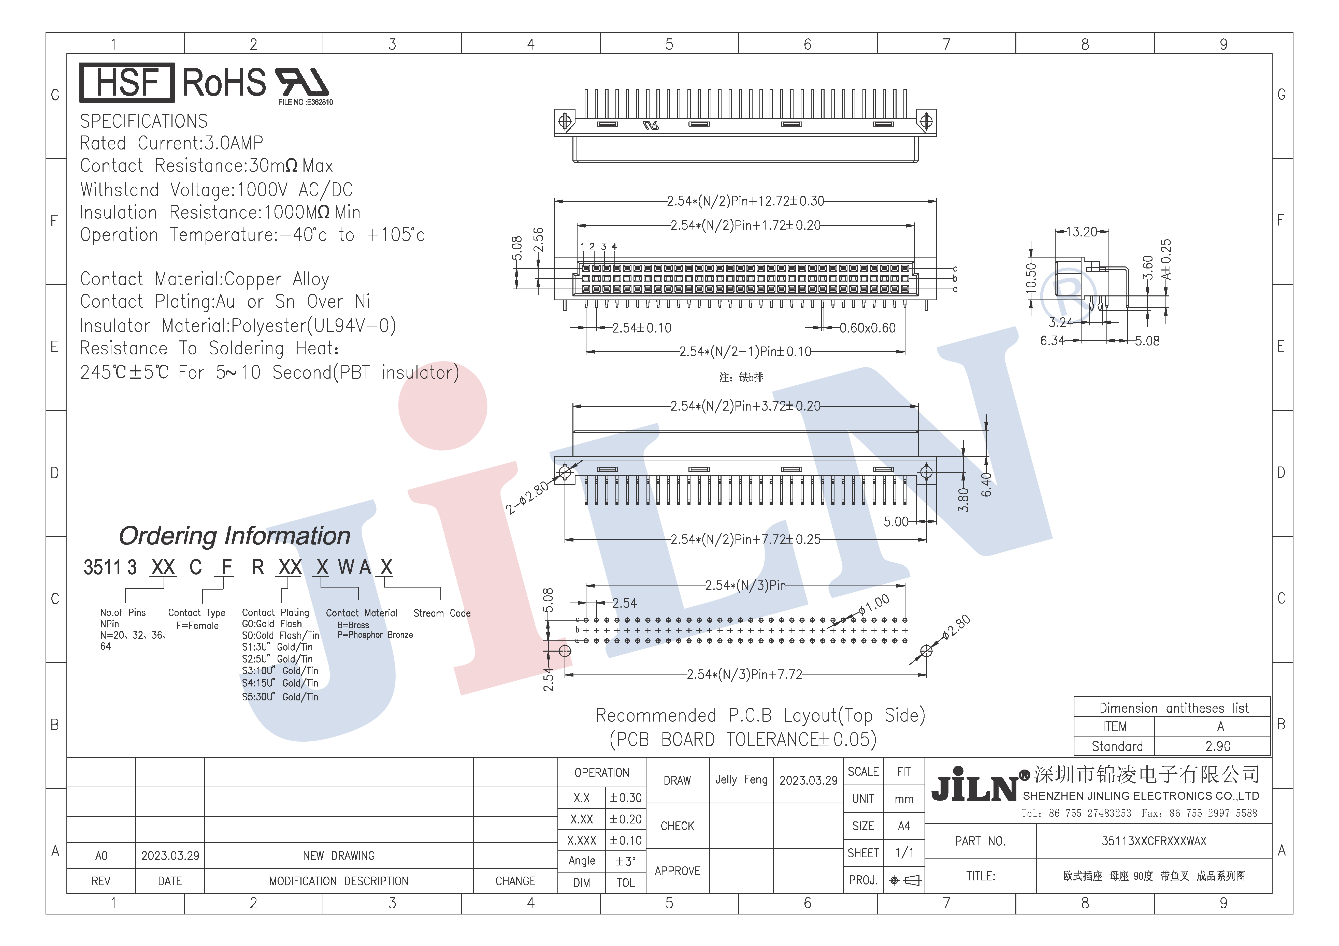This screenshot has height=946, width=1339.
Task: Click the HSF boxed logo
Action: (x=126, y=82)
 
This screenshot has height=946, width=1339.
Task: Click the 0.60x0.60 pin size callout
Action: (x=867, y=328)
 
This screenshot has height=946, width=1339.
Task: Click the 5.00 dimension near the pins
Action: (x=896, y=522)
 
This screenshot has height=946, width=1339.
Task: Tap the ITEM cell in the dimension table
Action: (x=1114, y=727)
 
